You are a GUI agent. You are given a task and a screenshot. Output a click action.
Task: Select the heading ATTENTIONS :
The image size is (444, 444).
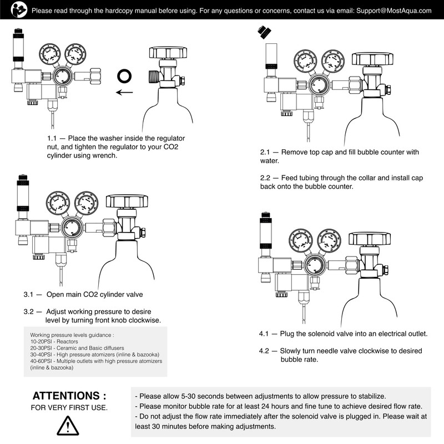pos(69,396)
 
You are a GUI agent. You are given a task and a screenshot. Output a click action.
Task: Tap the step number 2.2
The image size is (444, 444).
pos(266,178)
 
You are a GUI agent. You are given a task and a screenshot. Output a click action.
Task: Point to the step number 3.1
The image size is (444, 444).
pos(29,294)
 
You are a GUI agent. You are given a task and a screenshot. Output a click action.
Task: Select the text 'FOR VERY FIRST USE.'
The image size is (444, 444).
pos(69,408)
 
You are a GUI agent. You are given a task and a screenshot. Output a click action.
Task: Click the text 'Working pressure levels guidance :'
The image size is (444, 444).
pos(72,335)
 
